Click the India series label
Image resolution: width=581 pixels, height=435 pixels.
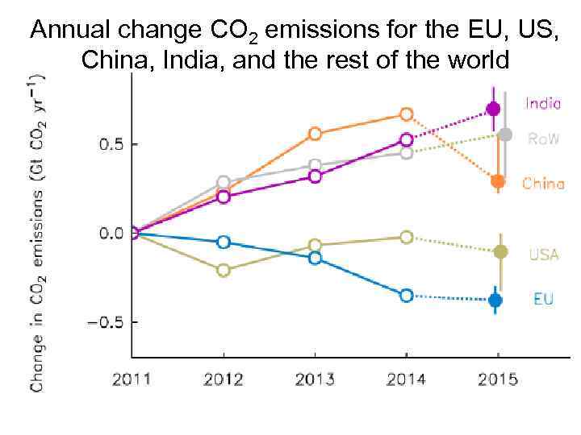[x=543, y=103]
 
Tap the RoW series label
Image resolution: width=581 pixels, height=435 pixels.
[x=543, y=138]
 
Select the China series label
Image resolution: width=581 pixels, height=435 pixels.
[x=543, y=184]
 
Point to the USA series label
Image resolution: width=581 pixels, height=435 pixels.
[x=543, y=255]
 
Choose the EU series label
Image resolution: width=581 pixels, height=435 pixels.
[x=543, y=299]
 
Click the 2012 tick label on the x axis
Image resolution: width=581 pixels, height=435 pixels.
[x=224, y=379]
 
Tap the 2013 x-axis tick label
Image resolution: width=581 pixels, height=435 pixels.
[x=315, y=379]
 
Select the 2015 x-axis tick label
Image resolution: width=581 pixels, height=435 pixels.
[x=498, y=379]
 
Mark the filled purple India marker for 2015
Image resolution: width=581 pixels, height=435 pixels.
[x=493, y=109]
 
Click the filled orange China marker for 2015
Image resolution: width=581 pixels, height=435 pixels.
[x=498, y=181]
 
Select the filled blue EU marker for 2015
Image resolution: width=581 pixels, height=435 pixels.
[x=495, y=300]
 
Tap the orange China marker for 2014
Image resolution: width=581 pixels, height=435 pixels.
[x=407, y=114]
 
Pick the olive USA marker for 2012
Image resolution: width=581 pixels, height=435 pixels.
[x=224, y=270]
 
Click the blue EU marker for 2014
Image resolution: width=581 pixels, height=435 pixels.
[x=407, y=296]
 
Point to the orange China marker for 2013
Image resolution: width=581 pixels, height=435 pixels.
[x=315, y=134]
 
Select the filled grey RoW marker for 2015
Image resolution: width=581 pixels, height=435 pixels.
[x=505, y=135]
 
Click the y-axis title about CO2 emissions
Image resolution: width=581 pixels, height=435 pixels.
[x=38, y=234]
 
